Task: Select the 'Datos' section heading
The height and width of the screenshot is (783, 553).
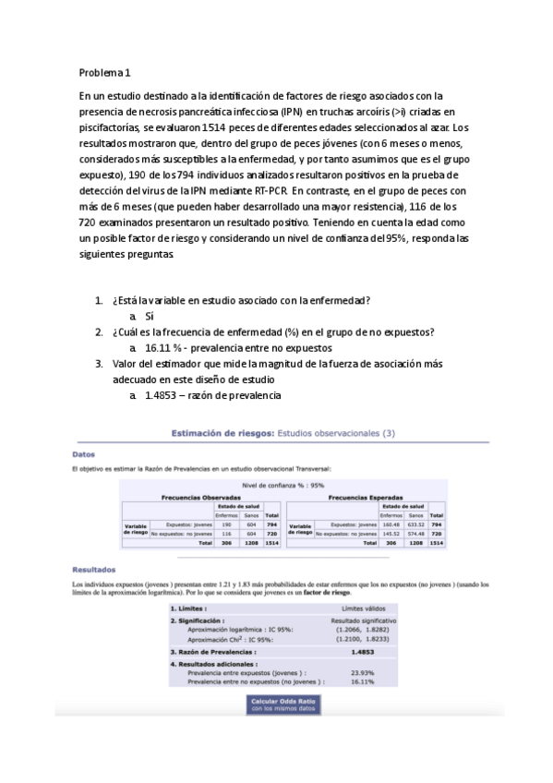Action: tap(83, 453)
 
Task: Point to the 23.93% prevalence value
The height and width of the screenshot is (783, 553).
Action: tap(361, 673)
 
